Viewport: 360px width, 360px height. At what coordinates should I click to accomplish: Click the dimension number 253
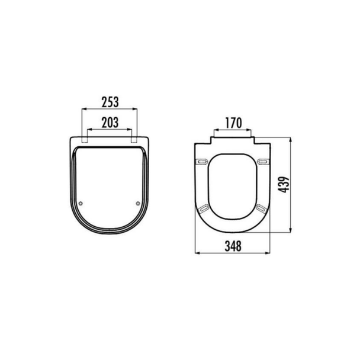(x=110, y=102)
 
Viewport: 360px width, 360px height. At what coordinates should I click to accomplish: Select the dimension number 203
(x=110, y=123)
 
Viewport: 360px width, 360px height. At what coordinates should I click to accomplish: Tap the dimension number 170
(x=233, y=123)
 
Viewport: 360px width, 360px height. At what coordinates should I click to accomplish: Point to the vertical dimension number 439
(x=283, y=184)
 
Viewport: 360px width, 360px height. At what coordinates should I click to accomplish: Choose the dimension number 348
(x=233, y=246)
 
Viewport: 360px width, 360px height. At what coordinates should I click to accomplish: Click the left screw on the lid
(x=81, y=204)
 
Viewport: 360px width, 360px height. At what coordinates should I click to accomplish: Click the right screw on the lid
(x=138, y=203)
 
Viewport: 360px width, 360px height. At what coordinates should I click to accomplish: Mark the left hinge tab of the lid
(x=85, y=140)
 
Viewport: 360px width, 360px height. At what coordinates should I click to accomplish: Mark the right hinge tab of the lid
(x=134, y=140)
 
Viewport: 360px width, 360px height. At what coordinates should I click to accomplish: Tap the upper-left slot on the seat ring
(x=202, y=162)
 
